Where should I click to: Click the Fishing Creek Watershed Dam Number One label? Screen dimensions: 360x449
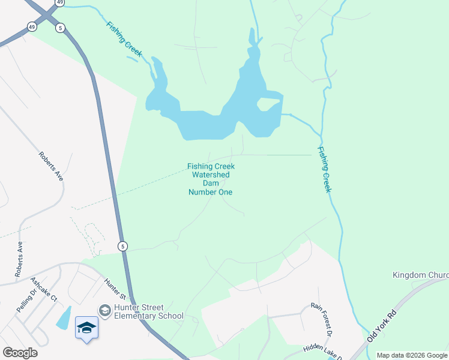click(x=210, y=179)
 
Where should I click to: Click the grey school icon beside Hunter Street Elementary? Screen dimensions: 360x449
click(x=104, y=310)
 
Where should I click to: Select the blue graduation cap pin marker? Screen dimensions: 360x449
click(x=86, y=328)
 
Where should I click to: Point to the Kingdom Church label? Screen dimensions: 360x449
click(x=420, y=275)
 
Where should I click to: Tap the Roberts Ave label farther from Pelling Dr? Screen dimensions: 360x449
click(x=51, y=166)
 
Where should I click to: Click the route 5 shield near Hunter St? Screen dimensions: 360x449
click(x=122, y=246)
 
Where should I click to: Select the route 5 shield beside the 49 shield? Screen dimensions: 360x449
click(x=60, y=28)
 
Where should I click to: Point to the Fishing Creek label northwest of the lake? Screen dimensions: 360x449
click(x=124, y=39)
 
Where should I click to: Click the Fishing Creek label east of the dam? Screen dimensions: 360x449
click(x=324, y=170)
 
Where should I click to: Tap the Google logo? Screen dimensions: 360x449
click(x=20, y=353)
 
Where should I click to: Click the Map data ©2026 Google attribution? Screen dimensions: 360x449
click(x=412, y=355)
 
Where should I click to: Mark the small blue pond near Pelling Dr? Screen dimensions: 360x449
click(x=63, y=317)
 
